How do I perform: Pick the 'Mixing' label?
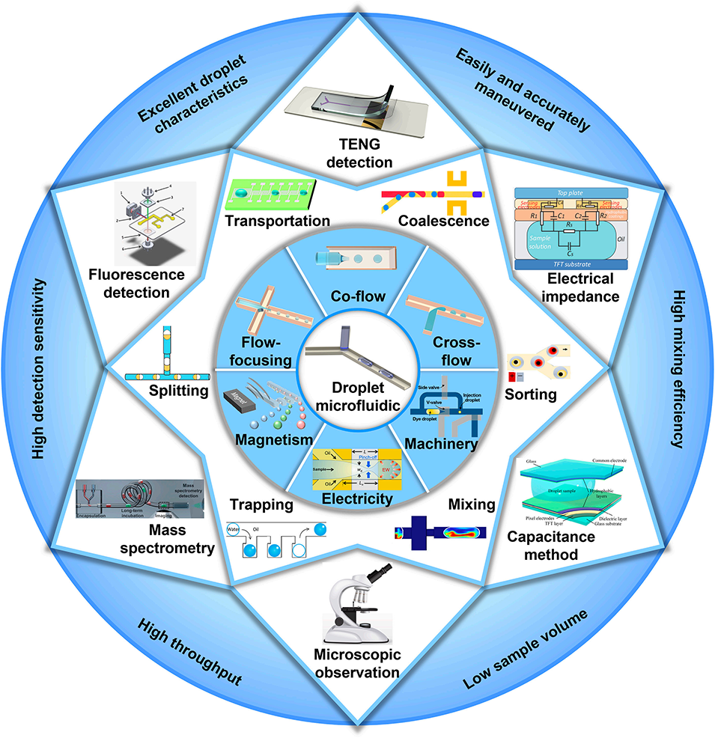[x=474, y=505]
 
